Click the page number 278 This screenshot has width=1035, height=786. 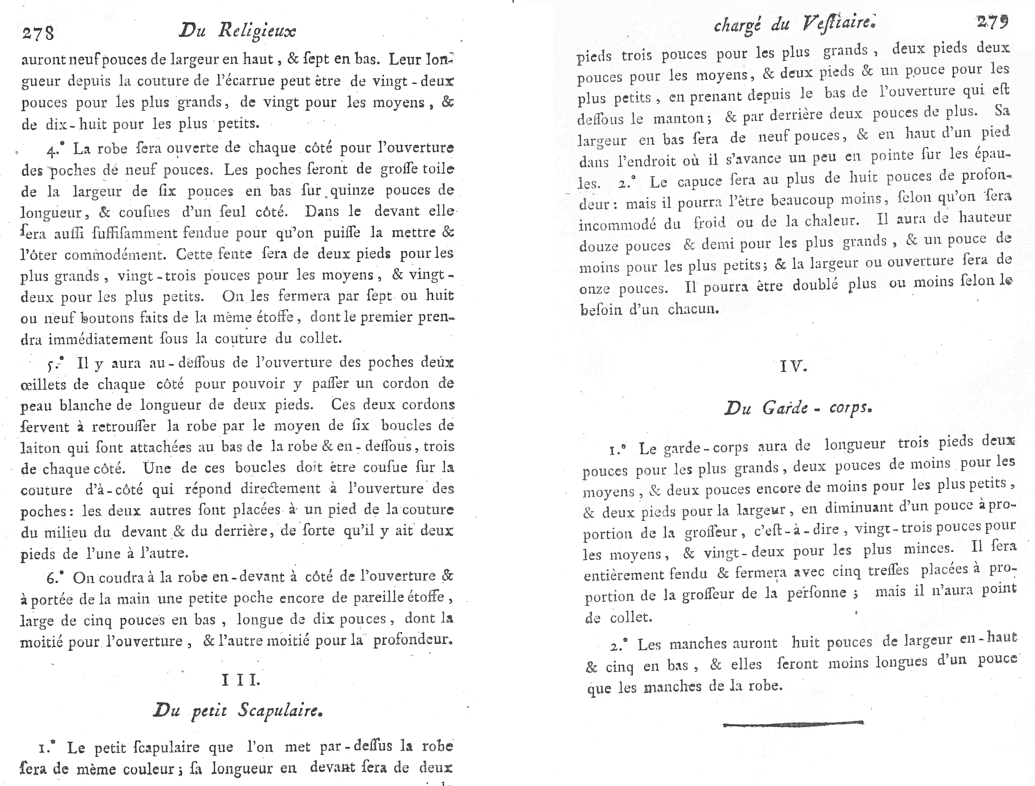point(38,33)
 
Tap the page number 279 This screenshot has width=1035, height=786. point(992,22)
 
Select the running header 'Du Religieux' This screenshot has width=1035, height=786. point(238,31)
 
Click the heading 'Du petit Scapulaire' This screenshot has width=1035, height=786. point(238,711)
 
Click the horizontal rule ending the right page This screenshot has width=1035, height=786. point(793,724)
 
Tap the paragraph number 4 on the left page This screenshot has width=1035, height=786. point(52,150)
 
